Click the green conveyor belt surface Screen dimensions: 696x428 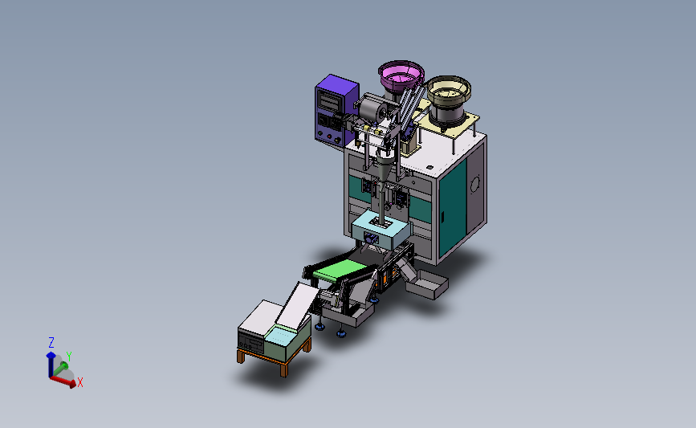[340, 269]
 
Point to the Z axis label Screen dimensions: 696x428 [51, 342]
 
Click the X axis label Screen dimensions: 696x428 [80, 382]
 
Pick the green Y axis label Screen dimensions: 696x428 [69, 356]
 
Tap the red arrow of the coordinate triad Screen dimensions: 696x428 [63, 381]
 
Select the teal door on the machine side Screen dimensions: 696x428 [453, 209]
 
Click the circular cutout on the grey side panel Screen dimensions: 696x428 [475, 184]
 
